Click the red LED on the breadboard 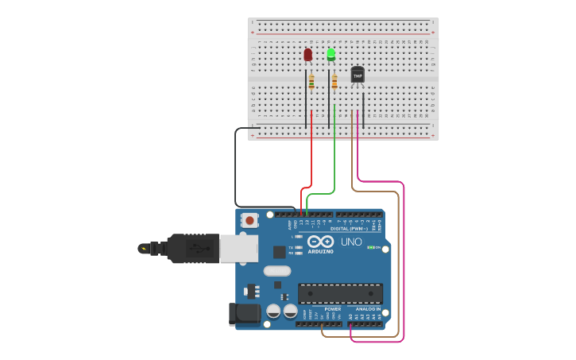point(308,55)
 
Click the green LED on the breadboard point(331,54)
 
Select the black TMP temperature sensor point(358,75)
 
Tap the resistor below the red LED point(311,81)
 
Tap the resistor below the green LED point(334,80)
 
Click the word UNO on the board point(351,242)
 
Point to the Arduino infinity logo point(321,241)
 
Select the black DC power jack point(245,314)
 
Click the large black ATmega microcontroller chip point(340,293)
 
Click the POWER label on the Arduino point(332,309)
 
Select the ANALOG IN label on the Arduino point(368,309)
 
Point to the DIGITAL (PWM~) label point(350,229)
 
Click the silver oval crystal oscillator point(277,270)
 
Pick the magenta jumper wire point(404,262)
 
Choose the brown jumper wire point(398,262)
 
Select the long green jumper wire point(334,159)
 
